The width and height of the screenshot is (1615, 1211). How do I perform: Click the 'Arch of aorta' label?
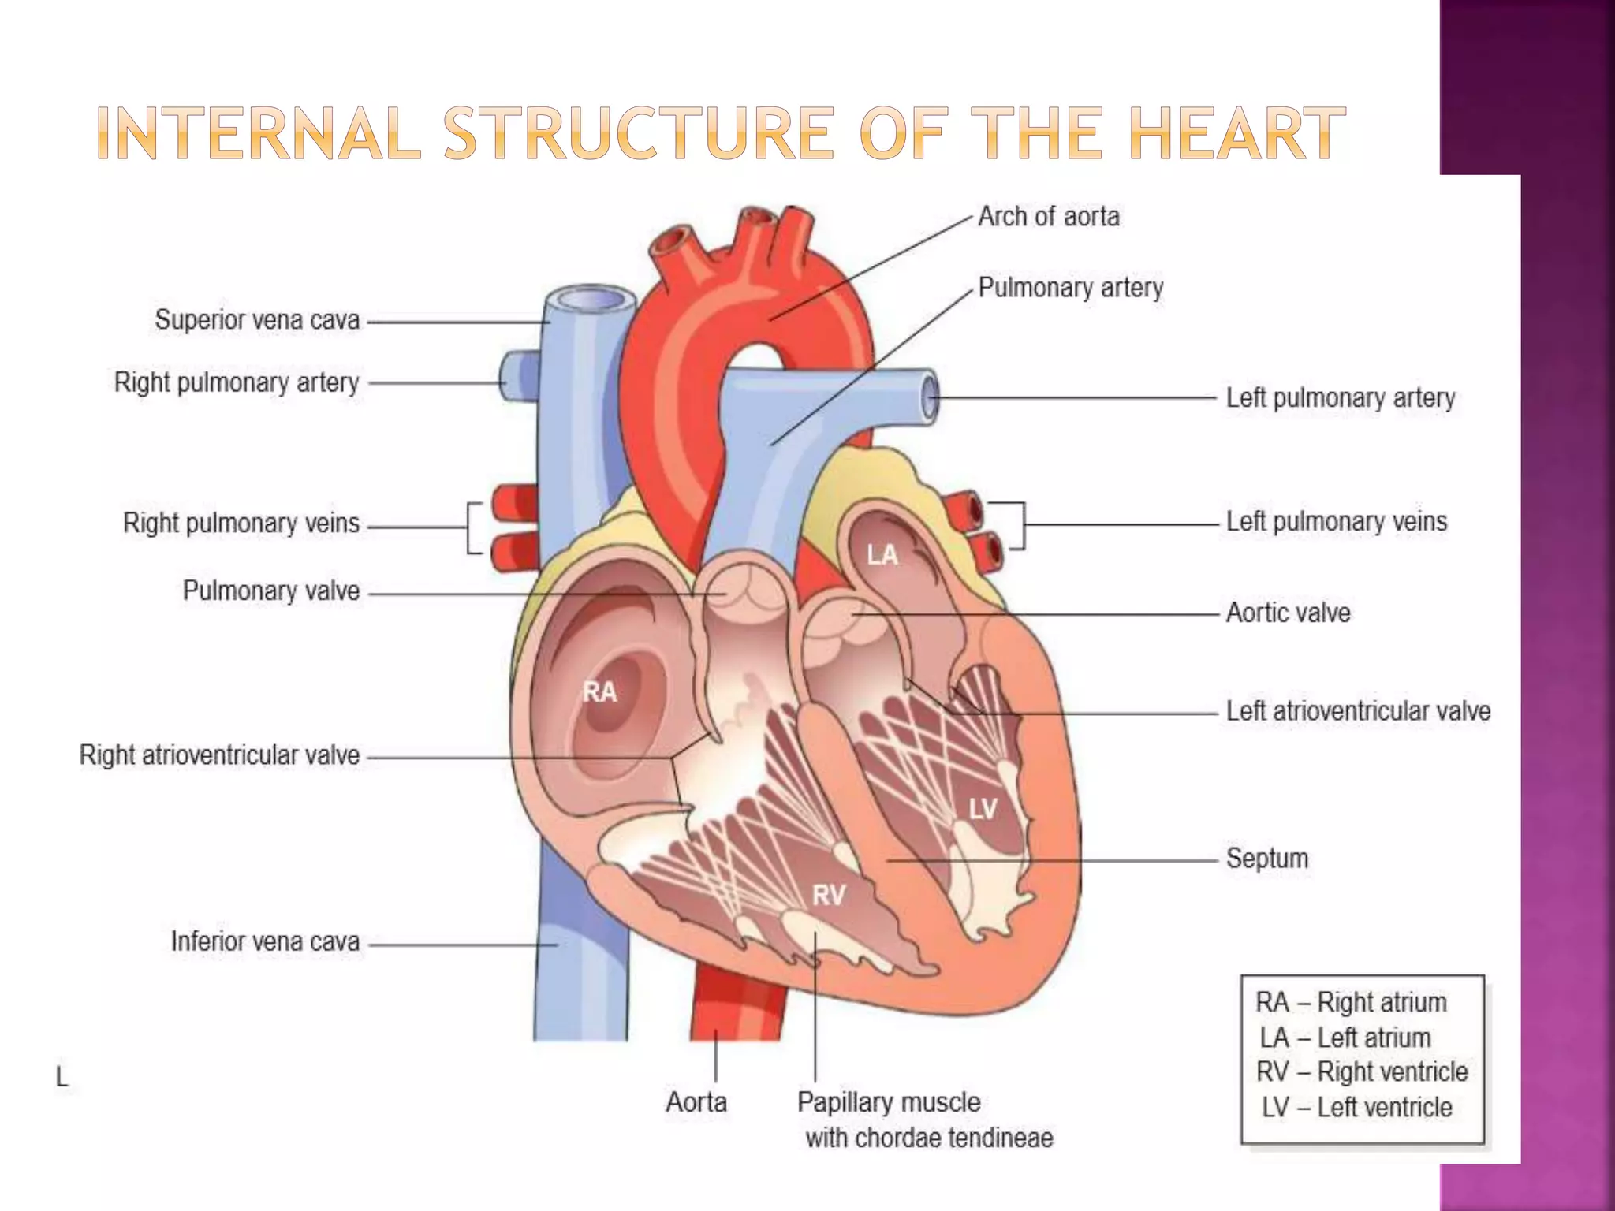[x=1048, y=216]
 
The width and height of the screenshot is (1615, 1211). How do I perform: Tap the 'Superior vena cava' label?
[x=257, y=320]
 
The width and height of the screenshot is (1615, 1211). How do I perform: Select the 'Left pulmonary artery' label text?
[x=1340, y=398]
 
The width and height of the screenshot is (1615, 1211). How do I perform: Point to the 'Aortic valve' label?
[x=1288, y=613]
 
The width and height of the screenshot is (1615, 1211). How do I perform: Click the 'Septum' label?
[x=1266, y=858]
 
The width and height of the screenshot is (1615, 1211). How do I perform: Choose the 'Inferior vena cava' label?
[x=265, y=941]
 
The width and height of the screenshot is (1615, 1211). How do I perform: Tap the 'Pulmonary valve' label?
[x=271, y=591]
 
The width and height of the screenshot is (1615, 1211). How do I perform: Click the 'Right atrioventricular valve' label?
[x=219, y=755]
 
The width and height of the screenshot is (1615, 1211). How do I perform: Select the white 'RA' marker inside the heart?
[x=599, y=692]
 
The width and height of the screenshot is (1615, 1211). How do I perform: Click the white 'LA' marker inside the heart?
[x=882, y=555]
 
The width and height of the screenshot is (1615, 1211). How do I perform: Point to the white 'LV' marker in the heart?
[x=983, y=808]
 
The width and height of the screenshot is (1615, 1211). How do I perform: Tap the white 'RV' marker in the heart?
[x=829, y=895]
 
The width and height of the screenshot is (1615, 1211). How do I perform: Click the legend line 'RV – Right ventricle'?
[x=1362, y=1072]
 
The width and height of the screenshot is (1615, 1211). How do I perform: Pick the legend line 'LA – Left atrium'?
[x=1345, y=1038]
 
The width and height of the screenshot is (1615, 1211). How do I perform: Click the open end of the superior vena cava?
[x=589, y=300]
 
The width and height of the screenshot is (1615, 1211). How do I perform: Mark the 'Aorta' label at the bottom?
[x=696, y=1102]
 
